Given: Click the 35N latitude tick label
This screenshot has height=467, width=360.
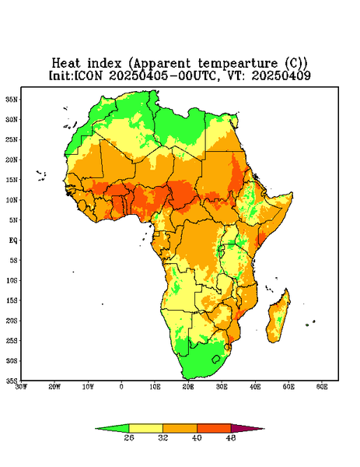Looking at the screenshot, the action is pos(12,99).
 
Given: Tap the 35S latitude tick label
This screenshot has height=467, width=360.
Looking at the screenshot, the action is pos(12,381).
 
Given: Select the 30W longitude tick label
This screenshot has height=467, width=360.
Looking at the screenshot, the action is pos(21,387).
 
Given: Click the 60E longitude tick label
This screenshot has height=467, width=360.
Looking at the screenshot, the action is pos(322,387).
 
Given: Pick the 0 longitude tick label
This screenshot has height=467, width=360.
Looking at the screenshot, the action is pos(121,387).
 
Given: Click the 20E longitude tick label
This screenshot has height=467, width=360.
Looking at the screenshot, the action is pos(188,387).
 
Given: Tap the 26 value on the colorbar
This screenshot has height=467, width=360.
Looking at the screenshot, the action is pos(129,437).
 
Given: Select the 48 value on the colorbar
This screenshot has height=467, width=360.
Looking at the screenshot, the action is pos(231,437).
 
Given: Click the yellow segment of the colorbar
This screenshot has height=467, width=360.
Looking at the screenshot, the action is pos(145,428).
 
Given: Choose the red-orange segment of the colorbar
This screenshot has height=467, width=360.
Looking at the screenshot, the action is pos(214,428).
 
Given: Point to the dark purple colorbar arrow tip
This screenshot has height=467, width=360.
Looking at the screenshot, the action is pos(264,429).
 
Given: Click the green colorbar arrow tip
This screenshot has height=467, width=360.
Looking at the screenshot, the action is pos(96,429).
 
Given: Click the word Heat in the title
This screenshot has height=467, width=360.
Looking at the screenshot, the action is pos(66,63).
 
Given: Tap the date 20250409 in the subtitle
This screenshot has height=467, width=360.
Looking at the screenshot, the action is pos(281,75).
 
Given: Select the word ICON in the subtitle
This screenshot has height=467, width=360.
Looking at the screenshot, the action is pos(88,75).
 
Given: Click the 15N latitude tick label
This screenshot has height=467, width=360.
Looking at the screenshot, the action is pos(12,180).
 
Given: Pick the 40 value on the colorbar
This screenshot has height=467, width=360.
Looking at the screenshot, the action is pos(197,437).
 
